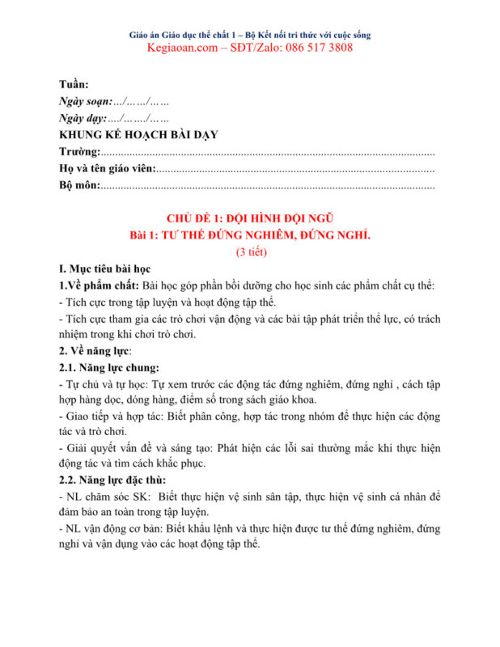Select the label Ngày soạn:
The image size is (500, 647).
86,102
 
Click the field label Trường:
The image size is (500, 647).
80,152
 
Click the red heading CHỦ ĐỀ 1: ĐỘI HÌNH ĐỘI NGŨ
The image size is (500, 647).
250,218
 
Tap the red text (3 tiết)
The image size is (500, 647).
251,252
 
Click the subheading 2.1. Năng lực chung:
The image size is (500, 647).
108,368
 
